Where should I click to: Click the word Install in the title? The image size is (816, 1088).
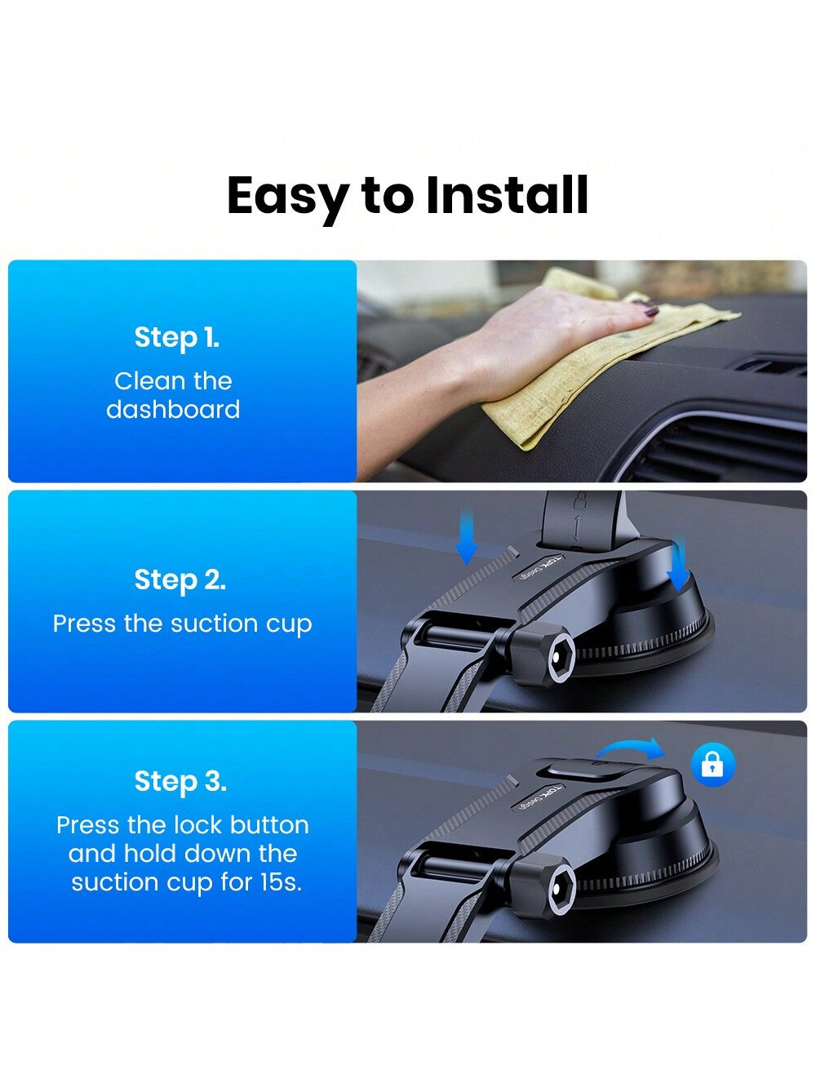(507, 196)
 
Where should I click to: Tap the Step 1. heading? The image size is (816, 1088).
(176, 337)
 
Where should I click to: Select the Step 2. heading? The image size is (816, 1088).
(180, 580)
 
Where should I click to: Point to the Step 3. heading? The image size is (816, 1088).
(180, 781)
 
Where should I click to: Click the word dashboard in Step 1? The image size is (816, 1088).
(173, 409)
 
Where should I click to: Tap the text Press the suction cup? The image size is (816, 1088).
(182, 624)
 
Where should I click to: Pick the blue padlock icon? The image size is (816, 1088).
(712, 765)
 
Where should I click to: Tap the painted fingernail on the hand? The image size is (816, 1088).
(652, 310)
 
